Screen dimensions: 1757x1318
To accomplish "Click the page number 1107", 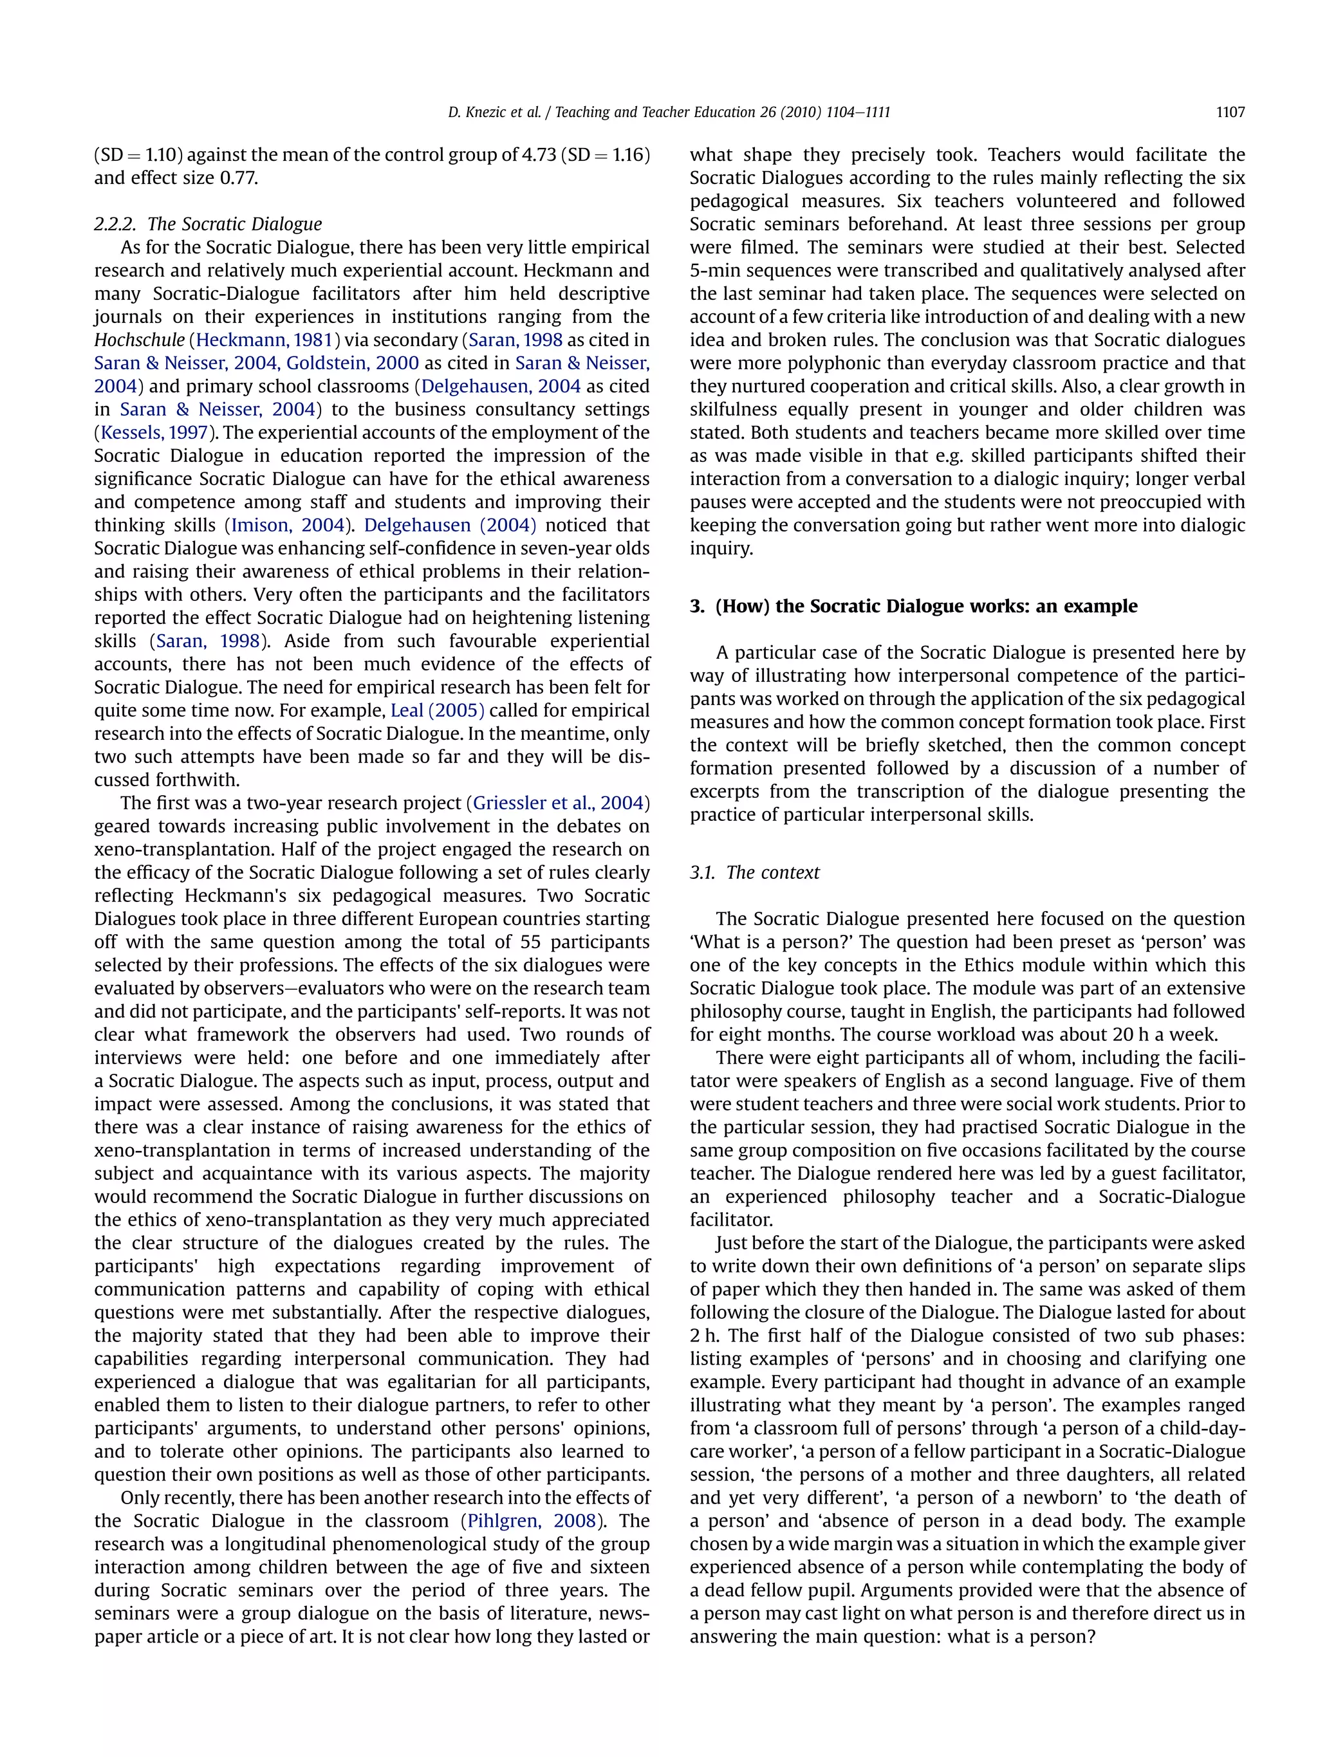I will coord(1229,113).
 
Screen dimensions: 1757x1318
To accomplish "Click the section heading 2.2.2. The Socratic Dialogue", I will coord(208,224).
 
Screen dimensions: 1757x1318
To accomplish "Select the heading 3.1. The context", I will coord(754,872).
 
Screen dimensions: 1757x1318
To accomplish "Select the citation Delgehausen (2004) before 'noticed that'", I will coord(450,525).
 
